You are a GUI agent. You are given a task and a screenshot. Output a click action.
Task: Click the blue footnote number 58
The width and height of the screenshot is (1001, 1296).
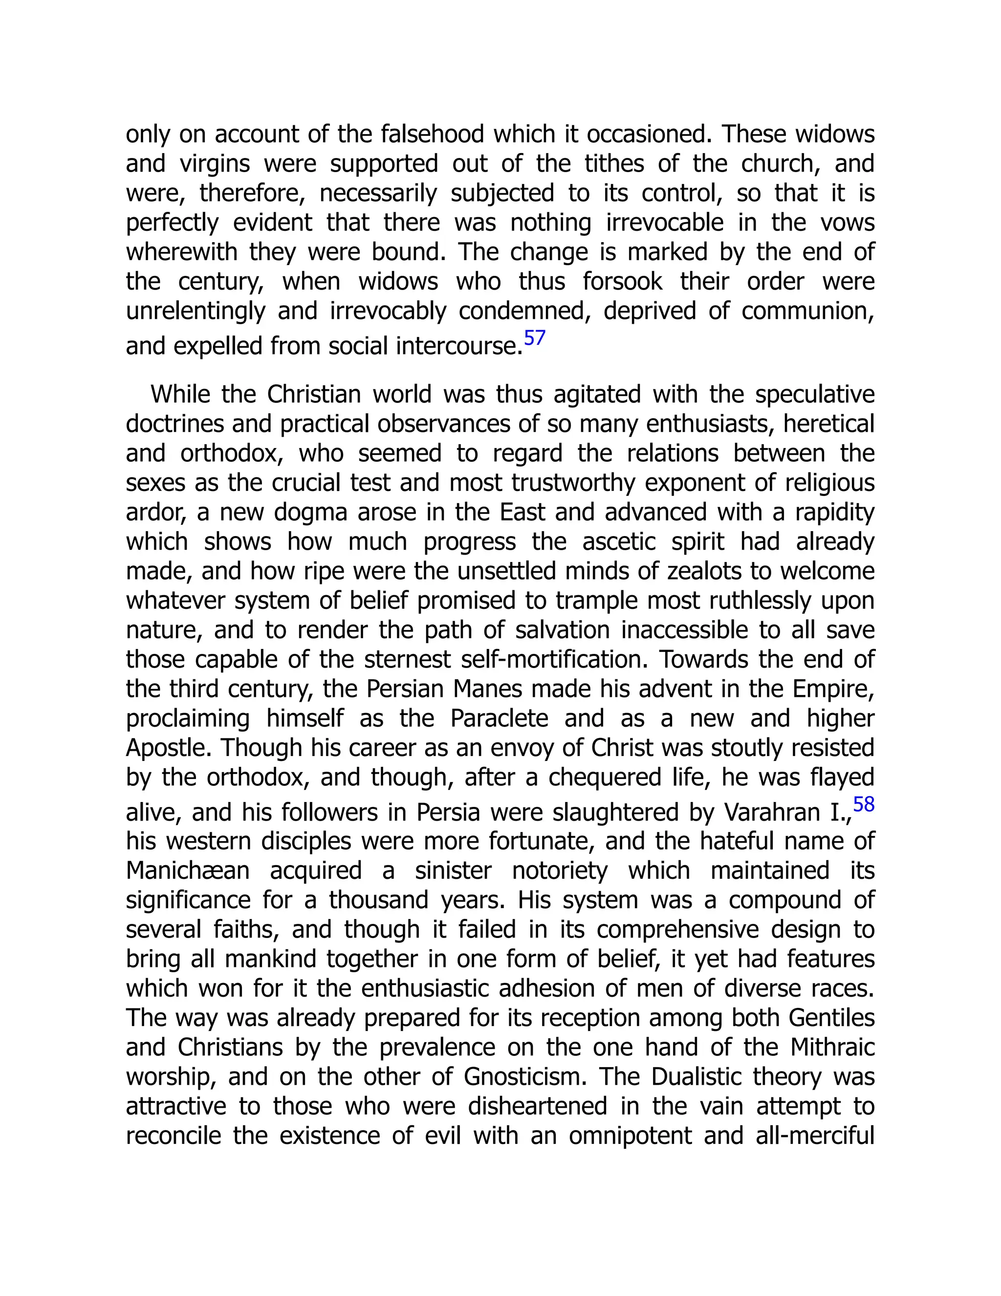[864, 804]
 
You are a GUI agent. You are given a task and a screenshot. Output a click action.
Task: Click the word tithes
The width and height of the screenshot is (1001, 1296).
[614, 164]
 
